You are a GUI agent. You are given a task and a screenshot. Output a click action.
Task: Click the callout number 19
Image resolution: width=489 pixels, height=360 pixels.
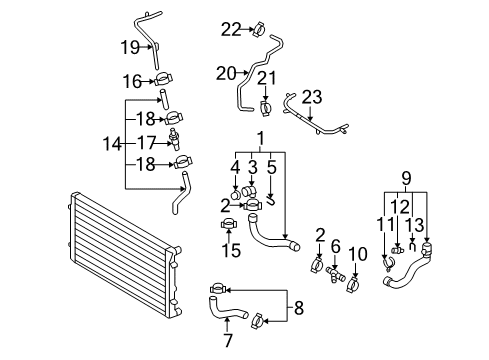(130, 47)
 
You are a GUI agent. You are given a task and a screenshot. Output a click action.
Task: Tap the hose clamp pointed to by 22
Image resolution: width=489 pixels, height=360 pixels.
(259, 29)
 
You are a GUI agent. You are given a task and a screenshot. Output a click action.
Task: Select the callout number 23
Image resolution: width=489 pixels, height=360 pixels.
(312, 97)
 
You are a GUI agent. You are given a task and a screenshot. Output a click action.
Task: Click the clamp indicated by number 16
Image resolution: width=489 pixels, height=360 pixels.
(164, 80)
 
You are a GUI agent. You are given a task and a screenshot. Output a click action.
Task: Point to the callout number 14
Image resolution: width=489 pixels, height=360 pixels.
(112, 144)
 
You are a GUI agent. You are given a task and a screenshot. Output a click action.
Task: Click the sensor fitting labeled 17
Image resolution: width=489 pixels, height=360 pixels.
(175, 138)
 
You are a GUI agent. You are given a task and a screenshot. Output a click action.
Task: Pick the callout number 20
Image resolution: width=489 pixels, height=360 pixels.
(226, 73)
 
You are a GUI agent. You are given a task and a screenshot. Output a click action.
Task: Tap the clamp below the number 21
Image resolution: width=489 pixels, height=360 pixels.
(265, 108)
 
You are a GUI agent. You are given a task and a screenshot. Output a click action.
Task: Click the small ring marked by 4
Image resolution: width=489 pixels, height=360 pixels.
(235, 195)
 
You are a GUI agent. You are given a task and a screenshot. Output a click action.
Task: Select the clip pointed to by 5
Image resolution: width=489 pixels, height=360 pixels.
(272, 201)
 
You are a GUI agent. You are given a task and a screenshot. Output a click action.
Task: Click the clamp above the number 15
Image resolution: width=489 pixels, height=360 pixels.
(229, 224)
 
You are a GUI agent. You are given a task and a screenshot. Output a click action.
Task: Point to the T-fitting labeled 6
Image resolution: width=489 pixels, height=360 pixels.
(335, 273)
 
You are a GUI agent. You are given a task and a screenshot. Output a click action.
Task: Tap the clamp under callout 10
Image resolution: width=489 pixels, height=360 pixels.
(354, 284)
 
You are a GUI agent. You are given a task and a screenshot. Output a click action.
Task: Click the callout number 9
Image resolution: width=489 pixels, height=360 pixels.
(406, 179)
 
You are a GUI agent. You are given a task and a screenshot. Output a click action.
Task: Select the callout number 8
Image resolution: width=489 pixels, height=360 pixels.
(299, 308)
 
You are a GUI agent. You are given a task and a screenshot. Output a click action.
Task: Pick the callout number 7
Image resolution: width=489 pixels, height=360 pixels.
(228, 340)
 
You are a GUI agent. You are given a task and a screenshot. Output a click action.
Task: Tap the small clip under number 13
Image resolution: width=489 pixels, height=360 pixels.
(413, 247)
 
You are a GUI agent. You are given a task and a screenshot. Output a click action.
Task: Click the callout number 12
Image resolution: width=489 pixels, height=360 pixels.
(401, 207)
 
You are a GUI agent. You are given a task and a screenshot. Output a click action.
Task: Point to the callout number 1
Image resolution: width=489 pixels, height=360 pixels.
(261, 138)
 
